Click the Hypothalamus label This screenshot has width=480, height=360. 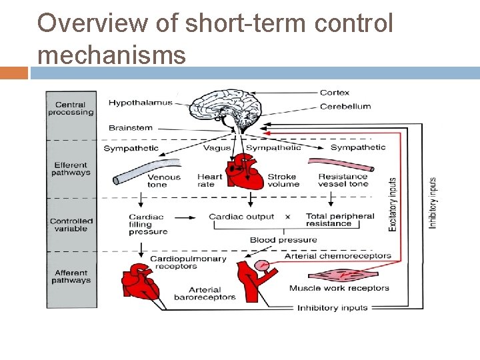click(x=140, y=103)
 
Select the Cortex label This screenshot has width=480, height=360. click(x=334, y=93)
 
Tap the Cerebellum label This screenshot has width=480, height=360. click(x=345, y=106)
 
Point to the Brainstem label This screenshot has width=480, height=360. click(x=131, y=127)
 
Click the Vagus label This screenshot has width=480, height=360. click(x=217, y=147)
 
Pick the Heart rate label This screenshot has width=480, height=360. click(x=209, y=181)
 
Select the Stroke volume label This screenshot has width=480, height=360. click(x=283, y=181)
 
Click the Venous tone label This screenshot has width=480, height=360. click(x=164, y=181)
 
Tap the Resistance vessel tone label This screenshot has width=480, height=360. click(x=343, y=180)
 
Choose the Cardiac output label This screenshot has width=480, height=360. click(x=241, y=217)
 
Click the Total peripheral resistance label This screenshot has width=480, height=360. click(x=340, y=220)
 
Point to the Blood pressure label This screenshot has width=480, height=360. click(x=283, y=240)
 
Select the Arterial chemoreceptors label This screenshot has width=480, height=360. click(x=337, y=256)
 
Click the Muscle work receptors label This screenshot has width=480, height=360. click(x=339, y=288)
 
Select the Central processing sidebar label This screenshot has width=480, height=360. click(x=71, y=109)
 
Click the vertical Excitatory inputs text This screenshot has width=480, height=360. click(x=393, y=204)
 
